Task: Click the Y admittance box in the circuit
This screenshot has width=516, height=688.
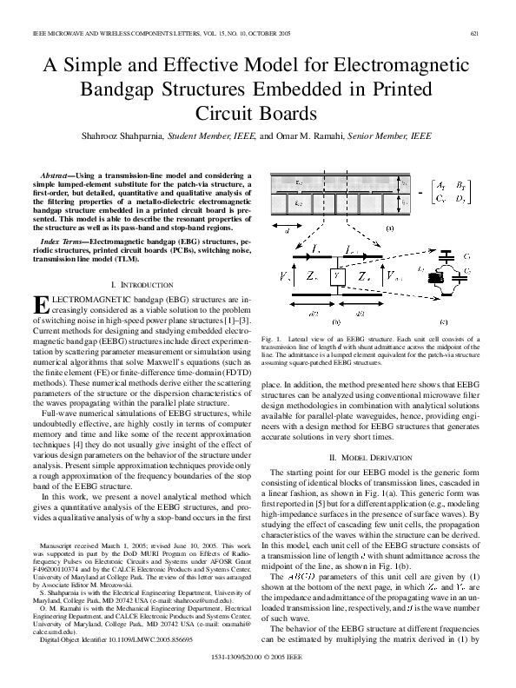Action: (x=336, y=275)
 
